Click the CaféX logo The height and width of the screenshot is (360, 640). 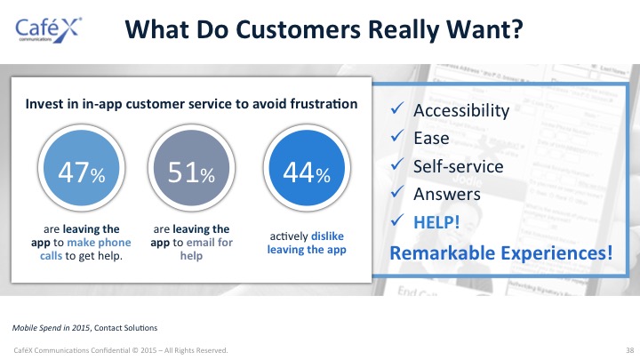click(x=48, y=30)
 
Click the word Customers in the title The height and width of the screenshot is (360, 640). click(x=298, y=29)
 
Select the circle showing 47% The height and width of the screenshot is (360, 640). click(x=81, y=168)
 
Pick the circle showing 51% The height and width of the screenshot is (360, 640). click(x=191, y=168)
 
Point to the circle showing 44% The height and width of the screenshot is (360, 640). click(x=307, y=168)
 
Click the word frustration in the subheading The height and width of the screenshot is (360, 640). click(x=324, y=104)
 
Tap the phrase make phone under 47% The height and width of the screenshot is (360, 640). click(x=99, y=243)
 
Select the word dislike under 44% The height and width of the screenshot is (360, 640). click(x=327, y=236)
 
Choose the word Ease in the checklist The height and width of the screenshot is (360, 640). click(x=431, y=138)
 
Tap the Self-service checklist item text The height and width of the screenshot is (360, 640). click(x=459, y=166)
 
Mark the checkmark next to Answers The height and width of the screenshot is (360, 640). click(x=397, y=191)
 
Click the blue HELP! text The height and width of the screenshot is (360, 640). click(x=436, y=222)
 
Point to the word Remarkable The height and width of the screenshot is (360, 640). click(x=443, y=252)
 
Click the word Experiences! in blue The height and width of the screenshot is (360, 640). click(x=556, y=252)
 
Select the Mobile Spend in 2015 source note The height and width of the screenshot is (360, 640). click(x=51, y=328)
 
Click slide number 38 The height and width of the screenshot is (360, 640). click(x=630, y=350)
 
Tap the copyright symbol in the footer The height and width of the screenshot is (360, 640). click(x=135, y=350)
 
